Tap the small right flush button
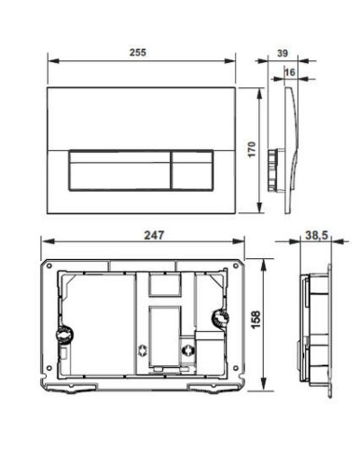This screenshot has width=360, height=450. pos(189,166)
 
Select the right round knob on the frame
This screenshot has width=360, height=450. pos(217,318)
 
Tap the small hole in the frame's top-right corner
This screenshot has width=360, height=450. pos(238,268)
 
